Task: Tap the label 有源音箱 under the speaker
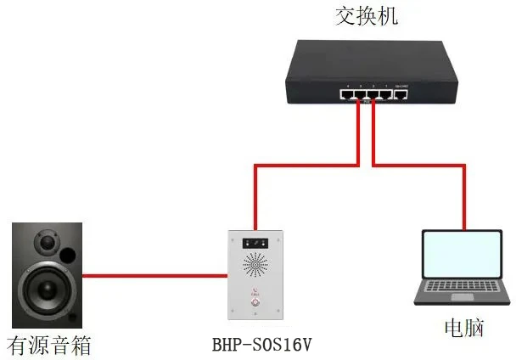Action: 48,346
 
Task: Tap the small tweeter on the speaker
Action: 46,246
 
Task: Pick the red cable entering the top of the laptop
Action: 463,204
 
